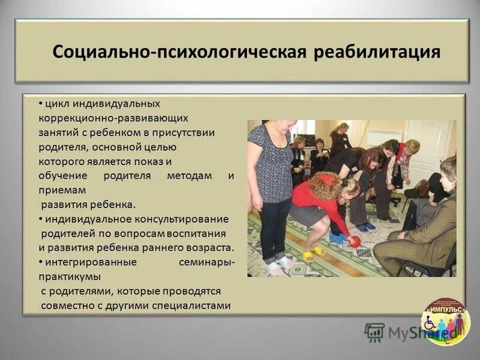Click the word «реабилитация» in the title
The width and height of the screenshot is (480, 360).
tap(377, 52)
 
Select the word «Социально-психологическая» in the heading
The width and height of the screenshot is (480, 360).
tap(180, 52)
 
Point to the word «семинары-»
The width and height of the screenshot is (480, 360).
tap(206, 262)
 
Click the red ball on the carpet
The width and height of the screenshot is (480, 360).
tap(355, 241)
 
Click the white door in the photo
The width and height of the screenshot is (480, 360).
tap(428, 149)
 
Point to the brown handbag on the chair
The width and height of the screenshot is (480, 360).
tap(422, 188)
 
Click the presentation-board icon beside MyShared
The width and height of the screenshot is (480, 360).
tap(374, 331)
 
